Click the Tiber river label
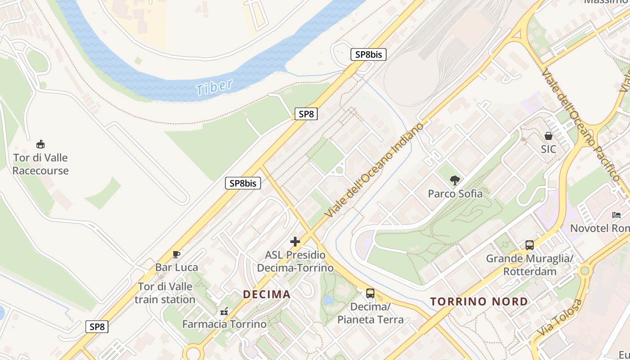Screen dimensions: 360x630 [x=215, y=87]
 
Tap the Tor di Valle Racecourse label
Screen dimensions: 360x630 [x=40, y=164]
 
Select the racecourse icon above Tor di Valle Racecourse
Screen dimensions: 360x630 [x=40, y=144]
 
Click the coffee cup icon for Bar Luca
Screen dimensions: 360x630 [x=176, y=255]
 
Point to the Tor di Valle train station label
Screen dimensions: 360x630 [x=165, y=293]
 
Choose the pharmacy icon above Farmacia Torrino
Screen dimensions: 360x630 [x=224, y=311]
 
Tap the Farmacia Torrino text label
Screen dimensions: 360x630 [x=224, y=324]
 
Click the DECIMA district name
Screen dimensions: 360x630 [x=267, y=295]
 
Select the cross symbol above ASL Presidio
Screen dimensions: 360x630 [x=295, y=242]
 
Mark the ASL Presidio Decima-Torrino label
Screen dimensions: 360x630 [x=295, y=261]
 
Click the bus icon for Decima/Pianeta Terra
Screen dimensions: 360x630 [x=370, y=293]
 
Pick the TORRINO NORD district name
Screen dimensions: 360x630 [x=479, y=301]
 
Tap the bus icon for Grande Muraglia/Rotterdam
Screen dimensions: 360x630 [x=530, y=245]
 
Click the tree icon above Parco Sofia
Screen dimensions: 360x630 [x=455, y=180]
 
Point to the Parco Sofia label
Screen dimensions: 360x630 [x=455, y=194]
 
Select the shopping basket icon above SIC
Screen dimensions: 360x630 [x=549, y=135]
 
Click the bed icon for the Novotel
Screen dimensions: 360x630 [x=616, y=215]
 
